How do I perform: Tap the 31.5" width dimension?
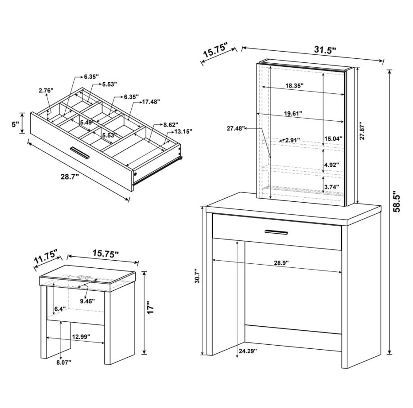click(x=325, y=50)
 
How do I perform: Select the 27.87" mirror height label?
click(x=362, y=131)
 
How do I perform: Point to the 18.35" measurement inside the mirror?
click(x=294, y=86)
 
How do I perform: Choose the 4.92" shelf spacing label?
click(x=331, y=165)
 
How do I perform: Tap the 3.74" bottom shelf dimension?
click(x=331, y=186)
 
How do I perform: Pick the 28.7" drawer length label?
click(x=70, y=176)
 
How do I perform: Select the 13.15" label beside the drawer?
click(x=182, y=131)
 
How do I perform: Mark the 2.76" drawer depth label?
click(x=46, y=90)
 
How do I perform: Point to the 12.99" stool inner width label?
click(x=81, y=337)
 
